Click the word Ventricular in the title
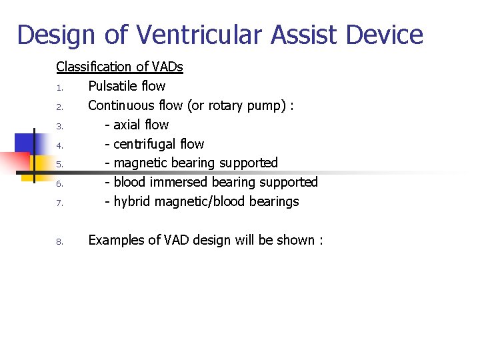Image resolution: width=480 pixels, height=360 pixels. pyautogui.click(x=183, y=35)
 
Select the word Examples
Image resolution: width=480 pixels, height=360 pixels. pyautogui.click(x=115, y=240)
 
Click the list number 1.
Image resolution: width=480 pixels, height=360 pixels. pyautogui.click(x=59, y=87)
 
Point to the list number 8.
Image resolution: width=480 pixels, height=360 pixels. pyautogui.click(x=59, y=241)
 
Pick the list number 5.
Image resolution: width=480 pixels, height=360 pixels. pyautogui.click(x=59, y=164)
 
